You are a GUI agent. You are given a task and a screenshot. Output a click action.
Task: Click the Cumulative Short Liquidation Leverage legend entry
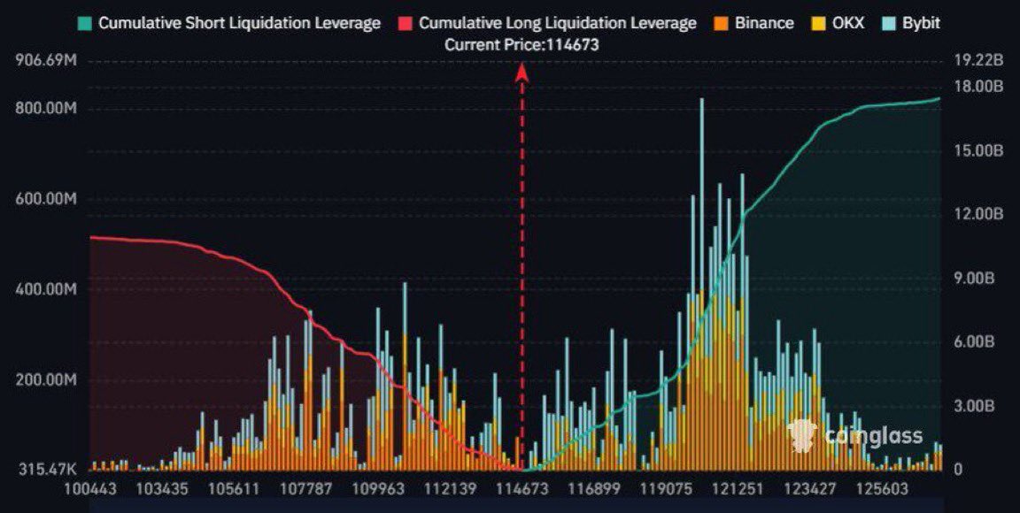click(230, 23)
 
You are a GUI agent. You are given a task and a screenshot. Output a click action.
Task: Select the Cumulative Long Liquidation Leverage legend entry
click(549, 23)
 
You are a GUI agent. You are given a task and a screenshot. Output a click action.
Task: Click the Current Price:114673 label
click(522, 44)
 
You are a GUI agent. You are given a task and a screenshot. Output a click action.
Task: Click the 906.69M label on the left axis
click(47, 61)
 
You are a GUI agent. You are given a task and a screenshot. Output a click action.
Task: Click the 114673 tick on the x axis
click(520, 488)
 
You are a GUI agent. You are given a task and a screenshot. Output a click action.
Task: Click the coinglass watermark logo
click(854, 436)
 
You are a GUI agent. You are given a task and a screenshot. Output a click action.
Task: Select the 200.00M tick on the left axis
click(47, 380)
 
